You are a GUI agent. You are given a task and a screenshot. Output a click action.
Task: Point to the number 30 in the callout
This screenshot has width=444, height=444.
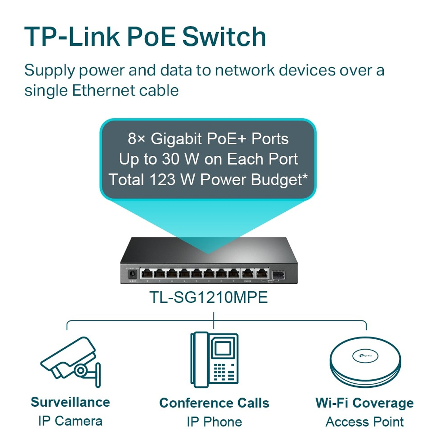tap(171, 159)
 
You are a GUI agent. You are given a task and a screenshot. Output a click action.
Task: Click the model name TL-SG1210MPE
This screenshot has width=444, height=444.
tap(208, 297)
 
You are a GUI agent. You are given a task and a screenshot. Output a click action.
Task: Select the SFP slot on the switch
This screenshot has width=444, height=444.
tap(276, 274)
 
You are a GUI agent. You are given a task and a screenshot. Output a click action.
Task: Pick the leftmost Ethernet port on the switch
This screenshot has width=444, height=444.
tap(147, 273)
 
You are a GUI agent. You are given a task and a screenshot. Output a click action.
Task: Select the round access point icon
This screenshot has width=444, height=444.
tap(365, 361)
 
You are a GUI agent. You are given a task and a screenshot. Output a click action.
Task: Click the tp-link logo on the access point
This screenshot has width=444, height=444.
tap(365, 356)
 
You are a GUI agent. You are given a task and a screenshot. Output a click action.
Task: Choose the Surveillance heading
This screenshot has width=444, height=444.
tap(70, 402)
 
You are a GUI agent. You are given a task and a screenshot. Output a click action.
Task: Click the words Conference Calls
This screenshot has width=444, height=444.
tap(214, 403)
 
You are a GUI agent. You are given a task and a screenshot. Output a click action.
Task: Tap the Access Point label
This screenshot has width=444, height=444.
tap(365, 421)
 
